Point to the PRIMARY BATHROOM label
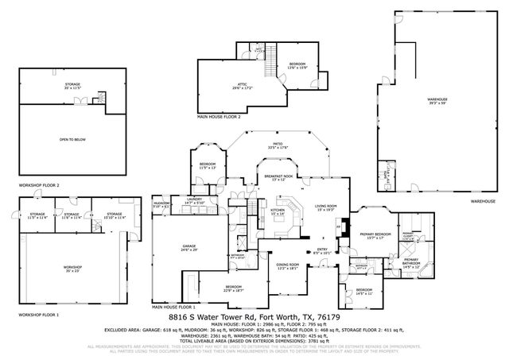click(410, 263)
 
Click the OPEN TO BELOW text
click(72, 140)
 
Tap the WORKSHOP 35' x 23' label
click(74, 267)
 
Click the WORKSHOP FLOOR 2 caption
click(40, 186)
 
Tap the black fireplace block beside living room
click(338, 228)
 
